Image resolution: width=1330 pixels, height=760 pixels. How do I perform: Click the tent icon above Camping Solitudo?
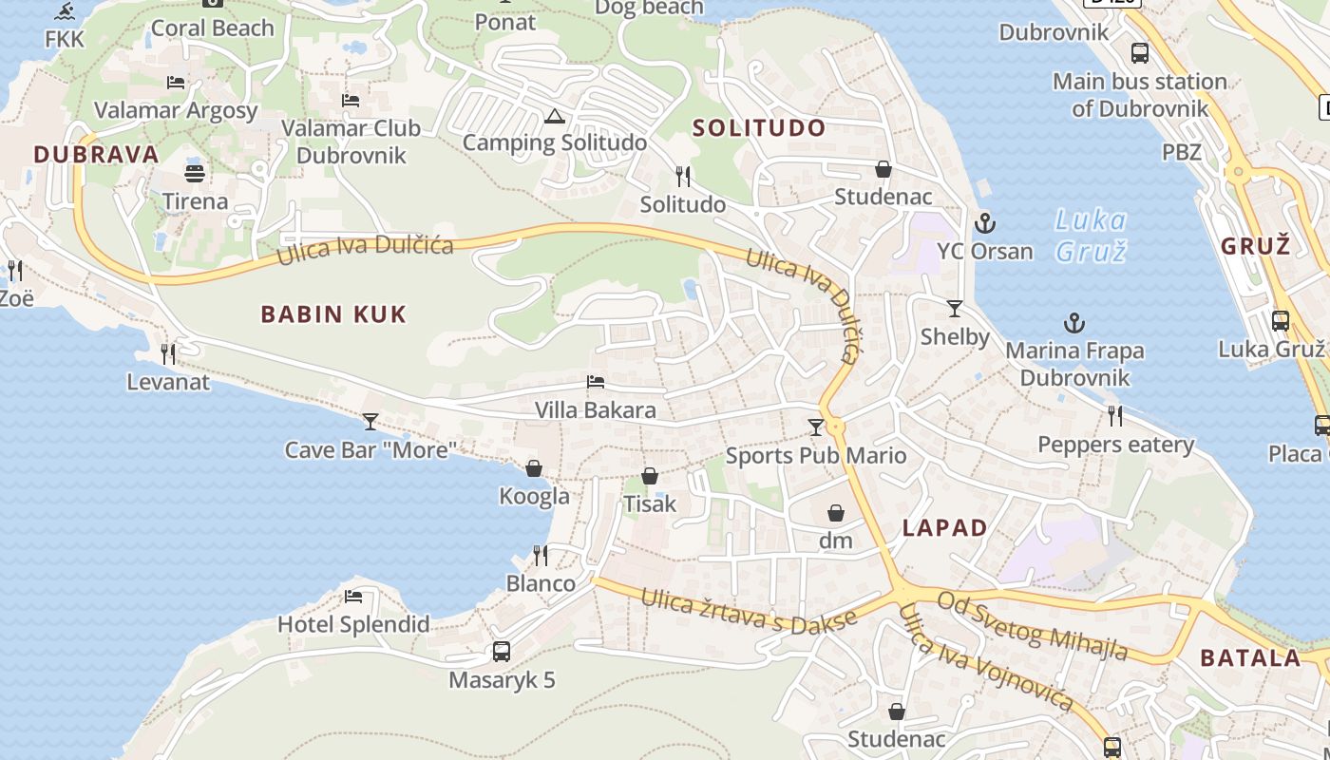[x=555, y=117]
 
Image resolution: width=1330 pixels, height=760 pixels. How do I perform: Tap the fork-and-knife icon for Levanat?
[x=168, y=354]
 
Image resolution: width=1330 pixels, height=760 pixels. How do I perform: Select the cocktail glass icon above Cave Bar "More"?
[x=370, y=421]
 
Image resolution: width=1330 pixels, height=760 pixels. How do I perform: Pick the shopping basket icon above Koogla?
[x=534, y=468]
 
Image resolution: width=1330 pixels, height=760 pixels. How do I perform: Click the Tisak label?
[x=650, y=503]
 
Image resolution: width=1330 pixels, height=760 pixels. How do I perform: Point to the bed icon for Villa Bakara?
[x=596, y=383]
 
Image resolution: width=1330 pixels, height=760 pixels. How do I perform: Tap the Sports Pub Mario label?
[x=816, y=456]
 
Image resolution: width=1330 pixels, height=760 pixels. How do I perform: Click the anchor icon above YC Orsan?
[x=985, y=224]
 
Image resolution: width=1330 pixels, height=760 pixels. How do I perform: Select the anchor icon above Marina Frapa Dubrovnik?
[x=1073, y=324]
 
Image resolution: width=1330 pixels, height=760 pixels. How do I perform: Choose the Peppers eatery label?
[x=1115, y=445]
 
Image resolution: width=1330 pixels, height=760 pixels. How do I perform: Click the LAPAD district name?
[x=944, y=528]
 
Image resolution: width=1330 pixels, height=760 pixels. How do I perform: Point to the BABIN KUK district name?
[x=333, y=314]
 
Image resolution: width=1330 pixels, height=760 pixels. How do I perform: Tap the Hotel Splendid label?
[x=353, y=624]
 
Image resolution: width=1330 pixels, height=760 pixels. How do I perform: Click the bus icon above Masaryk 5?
[x=502, y=652]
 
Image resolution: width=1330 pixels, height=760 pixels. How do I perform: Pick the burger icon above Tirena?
[x=195, y=174]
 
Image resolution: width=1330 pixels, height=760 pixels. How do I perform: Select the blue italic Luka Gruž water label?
[x=1091, y=236]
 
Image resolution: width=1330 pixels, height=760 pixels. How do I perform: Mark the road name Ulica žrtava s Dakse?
[x=749, y=610]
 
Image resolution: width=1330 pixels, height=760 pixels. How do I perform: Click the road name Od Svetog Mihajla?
[x=1033, y=625]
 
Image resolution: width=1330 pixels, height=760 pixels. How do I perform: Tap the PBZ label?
[x=1182, y=152]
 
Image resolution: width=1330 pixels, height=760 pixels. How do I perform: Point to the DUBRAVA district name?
[x=96, y=155]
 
